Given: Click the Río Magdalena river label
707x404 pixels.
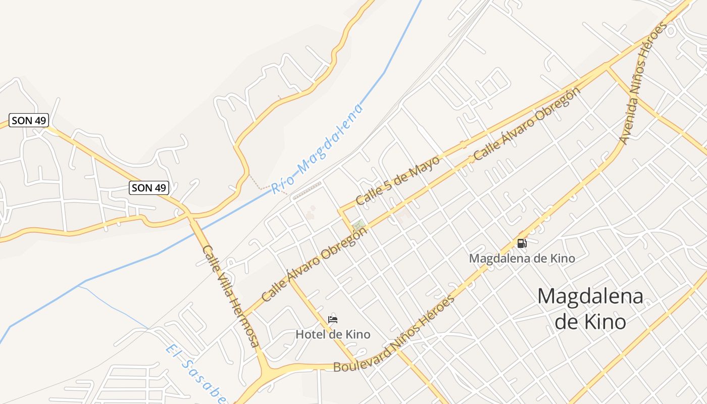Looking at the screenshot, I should tap(317, 149).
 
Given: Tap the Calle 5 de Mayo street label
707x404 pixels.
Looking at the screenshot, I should tap(397, 180).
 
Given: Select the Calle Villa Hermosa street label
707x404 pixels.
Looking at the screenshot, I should tap(231, 296).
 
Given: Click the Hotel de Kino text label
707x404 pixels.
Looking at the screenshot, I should tap(333, 334).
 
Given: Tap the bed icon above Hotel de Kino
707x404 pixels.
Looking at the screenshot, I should tap(332, 319).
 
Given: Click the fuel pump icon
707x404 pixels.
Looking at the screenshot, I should tap(522, 243).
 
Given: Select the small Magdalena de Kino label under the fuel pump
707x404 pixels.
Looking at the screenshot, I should tap(522, 259).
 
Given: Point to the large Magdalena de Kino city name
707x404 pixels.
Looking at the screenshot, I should tap(590, 308).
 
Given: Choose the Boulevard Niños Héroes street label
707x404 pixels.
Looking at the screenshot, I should tap(394, 334).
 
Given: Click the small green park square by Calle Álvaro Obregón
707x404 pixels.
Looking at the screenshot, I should tap(359, 225).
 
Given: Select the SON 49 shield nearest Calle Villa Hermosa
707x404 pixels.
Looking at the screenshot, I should tap(148, 188).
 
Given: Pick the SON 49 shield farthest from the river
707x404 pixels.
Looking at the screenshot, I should tap(29, 120).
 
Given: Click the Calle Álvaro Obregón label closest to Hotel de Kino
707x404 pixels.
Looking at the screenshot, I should tap(314, 264).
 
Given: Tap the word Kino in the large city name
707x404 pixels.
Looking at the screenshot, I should tap(590, 321).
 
